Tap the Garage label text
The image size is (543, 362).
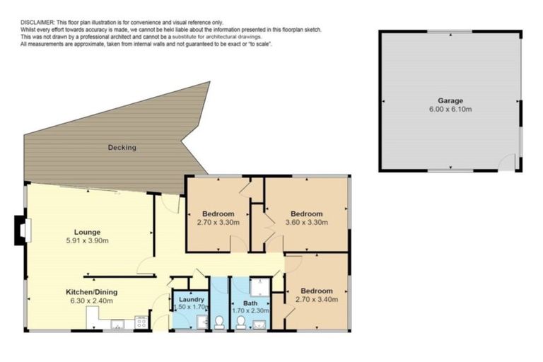450,101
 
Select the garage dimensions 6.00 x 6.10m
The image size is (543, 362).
450,110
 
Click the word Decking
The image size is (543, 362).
122,148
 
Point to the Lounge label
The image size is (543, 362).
87,231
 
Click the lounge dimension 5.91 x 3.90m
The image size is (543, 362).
87,240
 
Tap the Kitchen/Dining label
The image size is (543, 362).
91,292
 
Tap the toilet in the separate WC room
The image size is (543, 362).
219,322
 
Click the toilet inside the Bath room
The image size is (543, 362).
240,322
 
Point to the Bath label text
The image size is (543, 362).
251,303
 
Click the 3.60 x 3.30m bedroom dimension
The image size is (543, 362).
306,223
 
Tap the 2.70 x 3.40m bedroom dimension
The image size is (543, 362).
316,300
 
